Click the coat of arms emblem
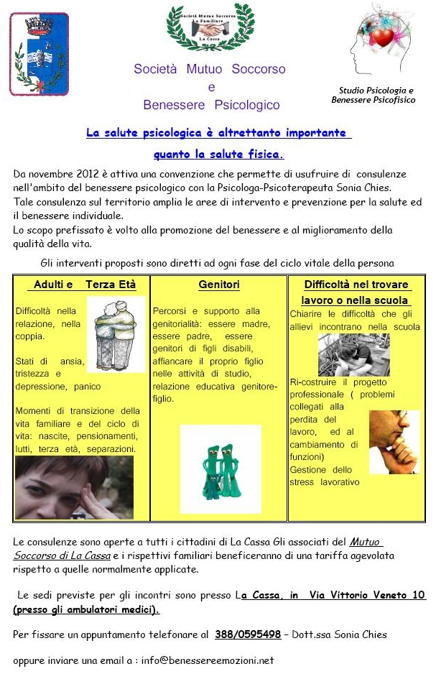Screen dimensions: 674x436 39,54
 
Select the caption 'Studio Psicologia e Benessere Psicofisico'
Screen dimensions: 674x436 376,95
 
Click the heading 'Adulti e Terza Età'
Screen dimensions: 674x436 81,285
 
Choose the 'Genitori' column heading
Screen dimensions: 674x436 219,285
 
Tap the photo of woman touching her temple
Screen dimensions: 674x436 74,488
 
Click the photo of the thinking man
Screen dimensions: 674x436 394,442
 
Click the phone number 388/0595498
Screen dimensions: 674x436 248,634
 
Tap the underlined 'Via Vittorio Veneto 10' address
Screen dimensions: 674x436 367,595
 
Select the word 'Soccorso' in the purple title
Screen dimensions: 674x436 258,70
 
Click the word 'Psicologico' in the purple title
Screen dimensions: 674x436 247,105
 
